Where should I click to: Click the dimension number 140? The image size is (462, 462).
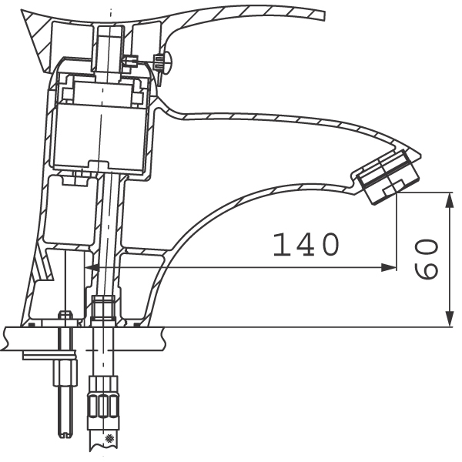coord(306,244)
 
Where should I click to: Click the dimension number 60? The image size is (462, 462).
coord(426,259)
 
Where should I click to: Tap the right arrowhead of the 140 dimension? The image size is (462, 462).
coord(388,268)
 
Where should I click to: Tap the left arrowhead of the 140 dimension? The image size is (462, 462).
coord(92,268)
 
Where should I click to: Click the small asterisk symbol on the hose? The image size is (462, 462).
coord(109,439)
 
